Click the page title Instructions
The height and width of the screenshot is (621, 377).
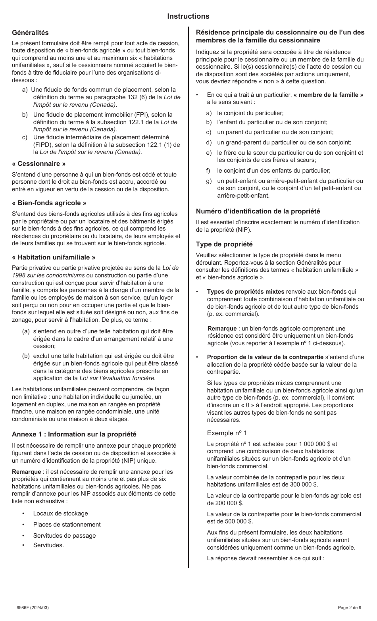[x=188, y=16]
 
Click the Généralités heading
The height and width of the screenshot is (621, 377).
[x=30, y=33]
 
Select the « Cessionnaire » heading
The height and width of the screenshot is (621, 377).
[x=38, y=163]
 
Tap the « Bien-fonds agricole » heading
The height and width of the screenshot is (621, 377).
[x=49, y=203]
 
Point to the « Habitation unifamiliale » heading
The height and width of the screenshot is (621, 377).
[x=54, y=257]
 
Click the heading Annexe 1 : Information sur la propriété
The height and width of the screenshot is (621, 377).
[x=74, y=434]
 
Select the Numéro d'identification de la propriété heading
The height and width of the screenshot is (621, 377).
[x=258, y=211]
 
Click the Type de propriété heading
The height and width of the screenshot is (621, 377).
[x=224, y=244]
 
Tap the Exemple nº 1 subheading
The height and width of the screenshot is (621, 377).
[x=227, y=433]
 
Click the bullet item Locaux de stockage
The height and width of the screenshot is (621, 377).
[x=60, y=513]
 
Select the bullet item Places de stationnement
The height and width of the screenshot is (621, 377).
[x=67, y=525]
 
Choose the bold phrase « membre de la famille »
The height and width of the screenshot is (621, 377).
[x=328, y=95]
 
